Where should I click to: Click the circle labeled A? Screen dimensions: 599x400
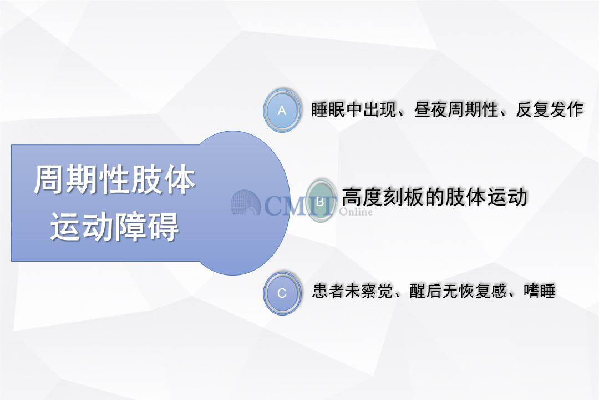click(x=282, y=110)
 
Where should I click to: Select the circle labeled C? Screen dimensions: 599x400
click(x=282, y=293)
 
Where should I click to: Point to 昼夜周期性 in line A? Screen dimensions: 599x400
click(x=456, y=109)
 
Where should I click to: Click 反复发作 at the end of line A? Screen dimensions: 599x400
click(x=549, y=109)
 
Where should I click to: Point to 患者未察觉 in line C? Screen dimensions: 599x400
click(x=353, y=291)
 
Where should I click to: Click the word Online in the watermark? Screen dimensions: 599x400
click(x=356, y=212)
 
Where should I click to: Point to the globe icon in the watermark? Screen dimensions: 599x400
click(x=245, y=202)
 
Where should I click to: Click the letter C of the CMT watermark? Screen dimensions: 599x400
click(x=275, y=206)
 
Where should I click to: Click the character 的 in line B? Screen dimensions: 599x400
click(x=434, y=197)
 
